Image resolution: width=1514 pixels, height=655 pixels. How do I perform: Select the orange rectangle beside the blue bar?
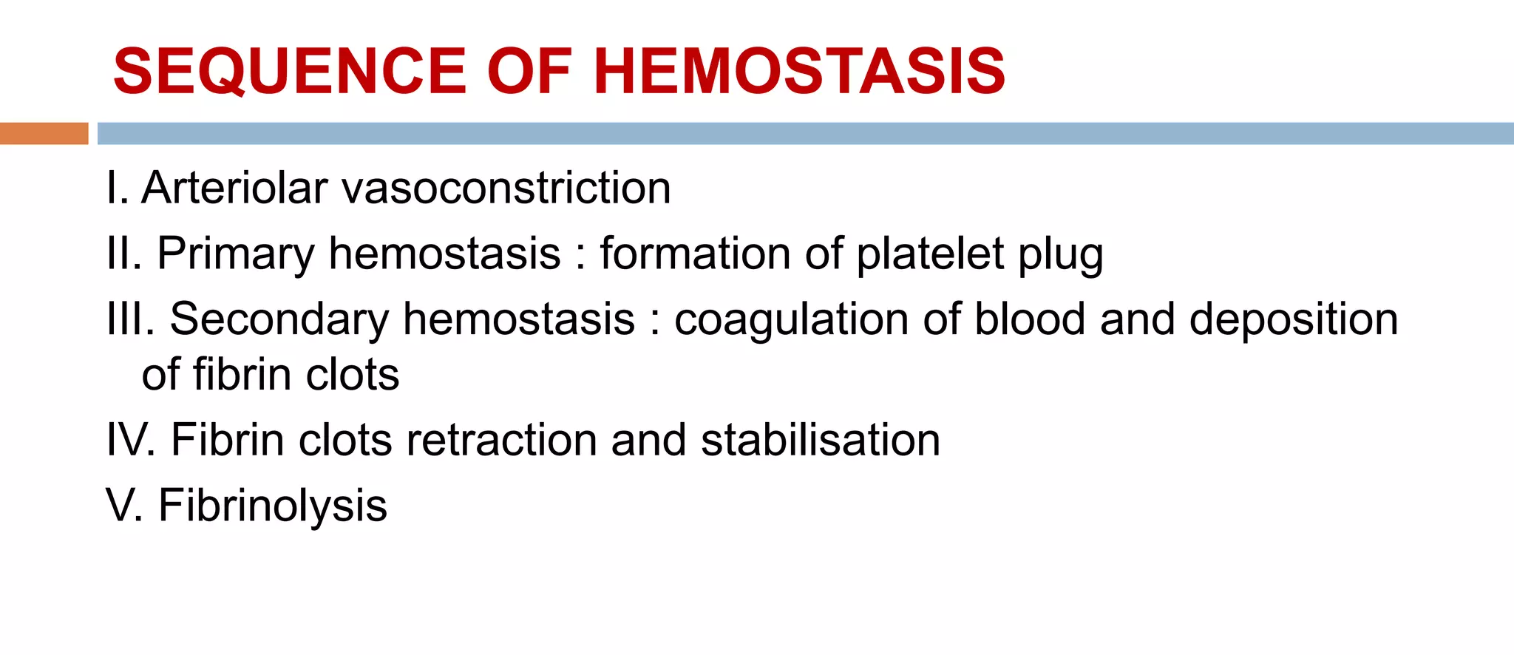click(x=44, y=133)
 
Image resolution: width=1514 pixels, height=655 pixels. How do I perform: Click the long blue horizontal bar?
click(x=805, y=133)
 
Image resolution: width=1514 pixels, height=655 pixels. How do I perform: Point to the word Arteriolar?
click(x=234, y=188)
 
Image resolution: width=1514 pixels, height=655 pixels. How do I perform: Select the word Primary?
click(x=236, y=254)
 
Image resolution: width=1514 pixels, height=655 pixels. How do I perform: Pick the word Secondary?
click(x=279, y=319)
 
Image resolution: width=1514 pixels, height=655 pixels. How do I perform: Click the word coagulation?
click(x=792, y=321)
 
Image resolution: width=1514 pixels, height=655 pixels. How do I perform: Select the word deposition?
click(x=1293, y=321)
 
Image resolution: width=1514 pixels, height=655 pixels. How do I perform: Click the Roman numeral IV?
click(x=130, y=441)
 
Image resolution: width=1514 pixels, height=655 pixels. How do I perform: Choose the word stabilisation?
click(x=820, y=441)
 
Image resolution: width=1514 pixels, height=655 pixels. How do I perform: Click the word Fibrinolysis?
click(x=272, y=507)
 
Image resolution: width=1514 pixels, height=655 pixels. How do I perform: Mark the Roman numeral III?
click(x=130, y=319)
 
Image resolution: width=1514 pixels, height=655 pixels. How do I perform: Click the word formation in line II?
click(x=695, y=254)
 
